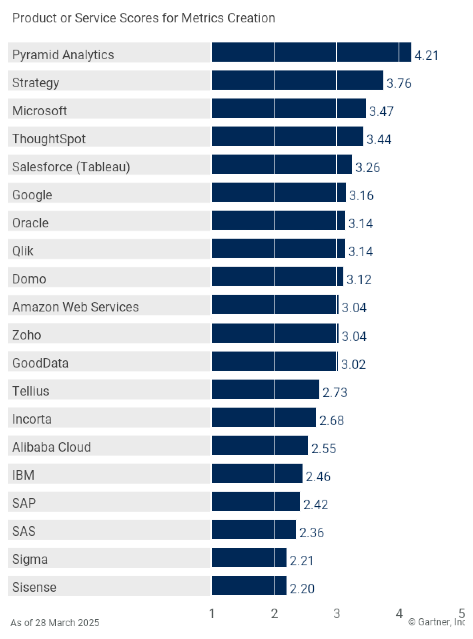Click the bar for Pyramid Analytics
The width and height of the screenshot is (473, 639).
(x=311, y=52)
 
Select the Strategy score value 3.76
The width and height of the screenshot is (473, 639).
(x=399, y=83)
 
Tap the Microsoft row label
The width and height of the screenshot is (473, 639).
(x=40, y=111)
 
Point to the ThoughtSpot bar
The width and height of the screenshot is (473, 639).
(x=287, y=137)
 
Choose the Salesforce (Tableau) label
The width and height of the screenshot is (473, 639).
(x=71, y=167)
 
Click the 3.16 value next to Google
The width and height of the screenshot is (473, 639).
(x=361, y=195)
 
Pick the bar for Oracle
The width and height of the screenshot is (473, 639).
(x=278, y=221)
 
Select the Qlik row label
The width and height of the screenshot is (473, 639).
(x=23, y=251)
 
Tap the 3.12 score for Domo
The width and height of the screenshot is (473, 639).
(x=359, y=279)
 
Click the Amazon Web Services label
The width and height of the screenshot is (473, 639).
(x=75, y=307)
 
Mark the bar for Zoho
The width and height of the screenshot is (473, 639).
(x=275, y=333)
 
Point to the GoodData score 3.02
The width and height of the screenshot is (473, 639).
(x=353, y=364)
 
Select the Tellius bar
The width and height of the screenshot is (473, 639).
(x=265, y=390)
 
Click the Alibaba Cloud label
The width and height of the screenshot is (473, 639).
(x=51, y=447)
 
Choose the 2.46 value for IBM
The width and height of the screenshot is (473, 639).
(x=318, y=476)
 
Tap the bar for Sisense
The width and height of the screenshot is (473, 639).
(x=249, y=585)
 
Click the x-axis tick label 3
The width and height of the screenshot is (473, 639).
(x=337, y=614)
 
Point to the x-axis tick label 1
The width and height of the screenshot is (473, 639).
(x=212, y=614)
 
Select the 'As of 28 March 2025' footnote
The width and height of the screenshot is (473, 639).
(x=55, y=623)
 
